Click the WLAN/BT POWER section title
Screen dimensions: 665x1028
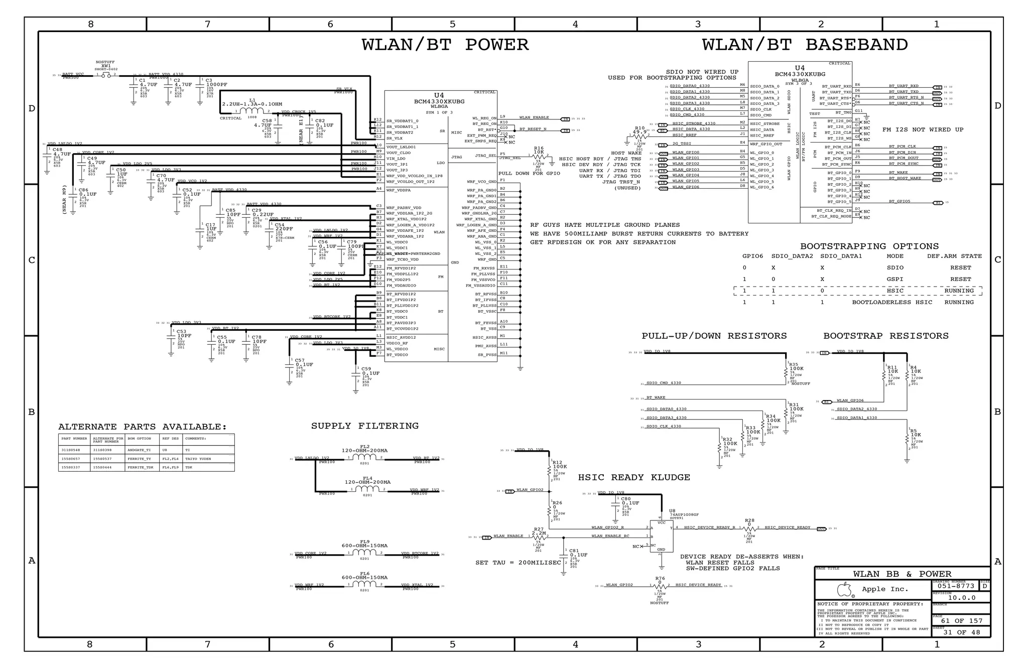coord(445,45)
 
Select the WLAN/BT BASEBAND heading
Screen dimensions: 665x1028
coord(805,45)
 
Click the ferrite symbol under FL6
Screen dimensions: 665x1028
coord(365,586)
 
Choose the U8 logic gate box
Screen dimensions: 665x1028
coord(662,536)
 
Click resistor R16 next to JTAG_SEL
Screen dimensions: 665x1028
coord(539,156)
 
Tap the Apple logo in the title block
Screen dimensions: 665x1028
coord(845,589)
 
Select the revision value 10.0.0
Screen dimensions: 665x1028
coord(961,598)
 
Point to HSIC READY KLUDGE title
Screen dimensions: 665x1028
coord(634,477)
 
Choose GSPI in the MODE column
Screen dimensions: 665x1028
coord(894,279)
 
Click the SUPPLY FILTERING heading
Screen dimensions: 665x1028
coord(364,426)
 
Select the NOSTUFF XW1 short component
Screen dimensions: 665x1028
coord(106,75)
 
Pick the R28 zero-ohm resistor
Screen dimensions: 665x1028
coord(749,529)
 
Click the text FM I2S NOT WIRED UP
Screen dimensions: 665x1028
coord(923,129)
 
